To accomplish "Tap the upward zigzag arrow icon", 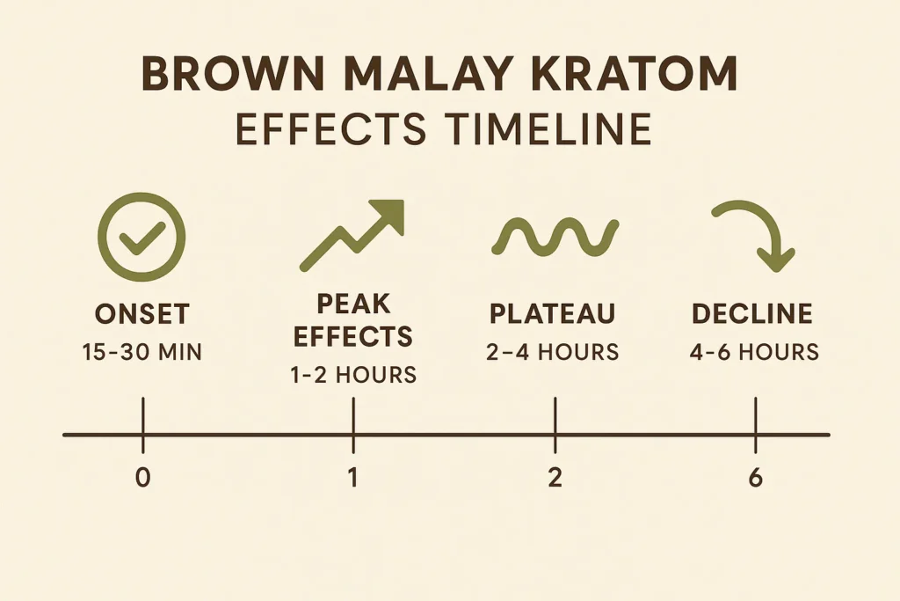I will pos(352,233).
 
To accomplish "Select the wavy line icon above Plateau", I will pos(554,233).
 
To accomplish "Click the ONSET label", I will pos(142,315).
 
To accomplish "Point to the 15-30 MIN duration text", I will pos(142,354).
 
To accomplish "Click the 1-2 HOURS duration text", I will pos(352,375).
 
